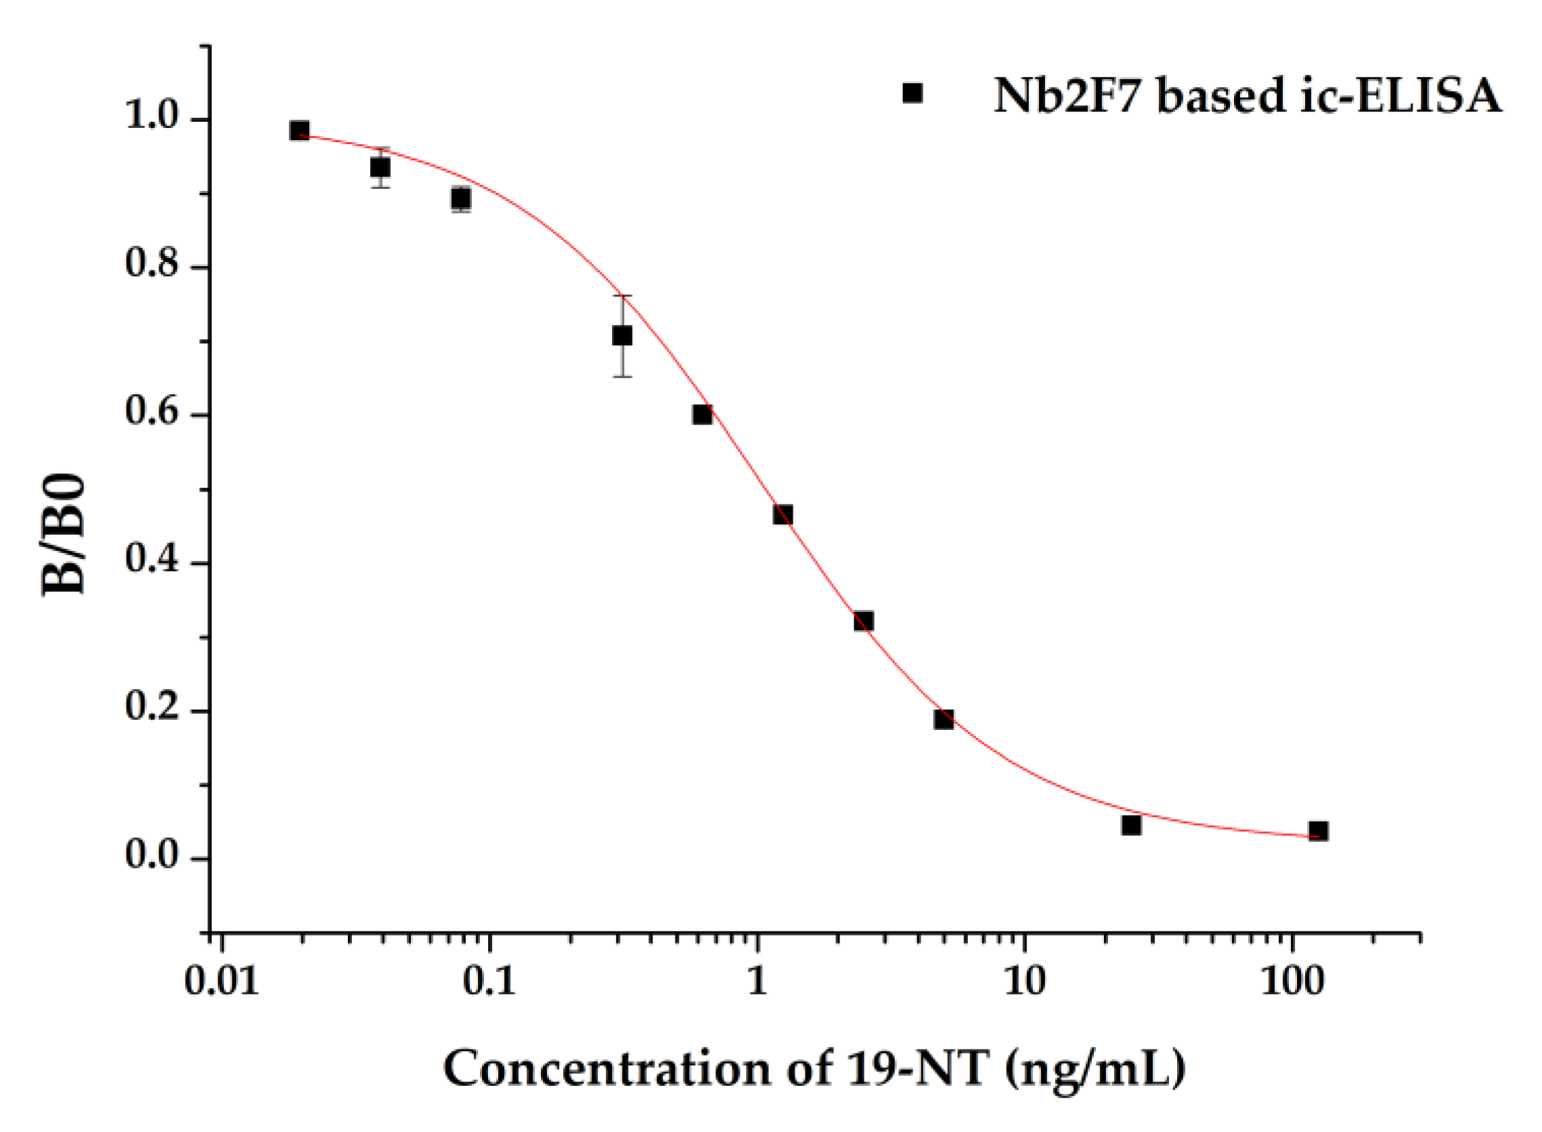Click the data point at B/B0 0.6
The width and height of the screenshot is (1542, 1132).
click(702, 414)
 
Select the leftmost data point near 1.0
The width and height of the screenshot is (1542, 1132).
click(299, 130)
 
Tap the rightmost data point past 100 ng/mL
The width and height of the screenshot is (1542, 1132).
click(1318, 831)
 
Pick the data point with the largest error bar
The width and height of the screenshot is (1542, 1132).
click(622, 336)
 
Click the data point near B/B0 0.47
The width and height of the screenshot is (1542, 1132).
click(783, 515)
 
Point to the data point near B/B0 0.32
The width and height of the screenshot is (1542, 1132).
click(864, 621)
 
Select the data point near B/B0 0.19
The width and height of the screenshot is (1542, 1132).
click(944, 720)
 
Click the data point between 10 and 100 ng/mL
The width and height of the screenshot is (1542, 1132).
click(1132, 826)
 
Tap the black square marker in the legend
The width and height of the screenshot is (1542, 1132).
click(912, 93)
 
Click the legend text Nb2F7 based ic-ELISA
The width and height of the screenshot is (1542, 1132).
click(1248, 96)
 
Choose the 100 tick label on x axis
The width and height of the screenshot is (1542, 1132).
click(1292, 982)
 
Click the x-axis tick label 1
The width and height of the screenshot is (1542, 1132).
click(756, 982)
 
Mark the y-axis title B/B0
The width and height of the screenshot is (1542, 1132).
click(64, 534)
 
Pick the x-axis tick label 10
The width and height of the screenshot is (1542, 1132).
click(1024, 982)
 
